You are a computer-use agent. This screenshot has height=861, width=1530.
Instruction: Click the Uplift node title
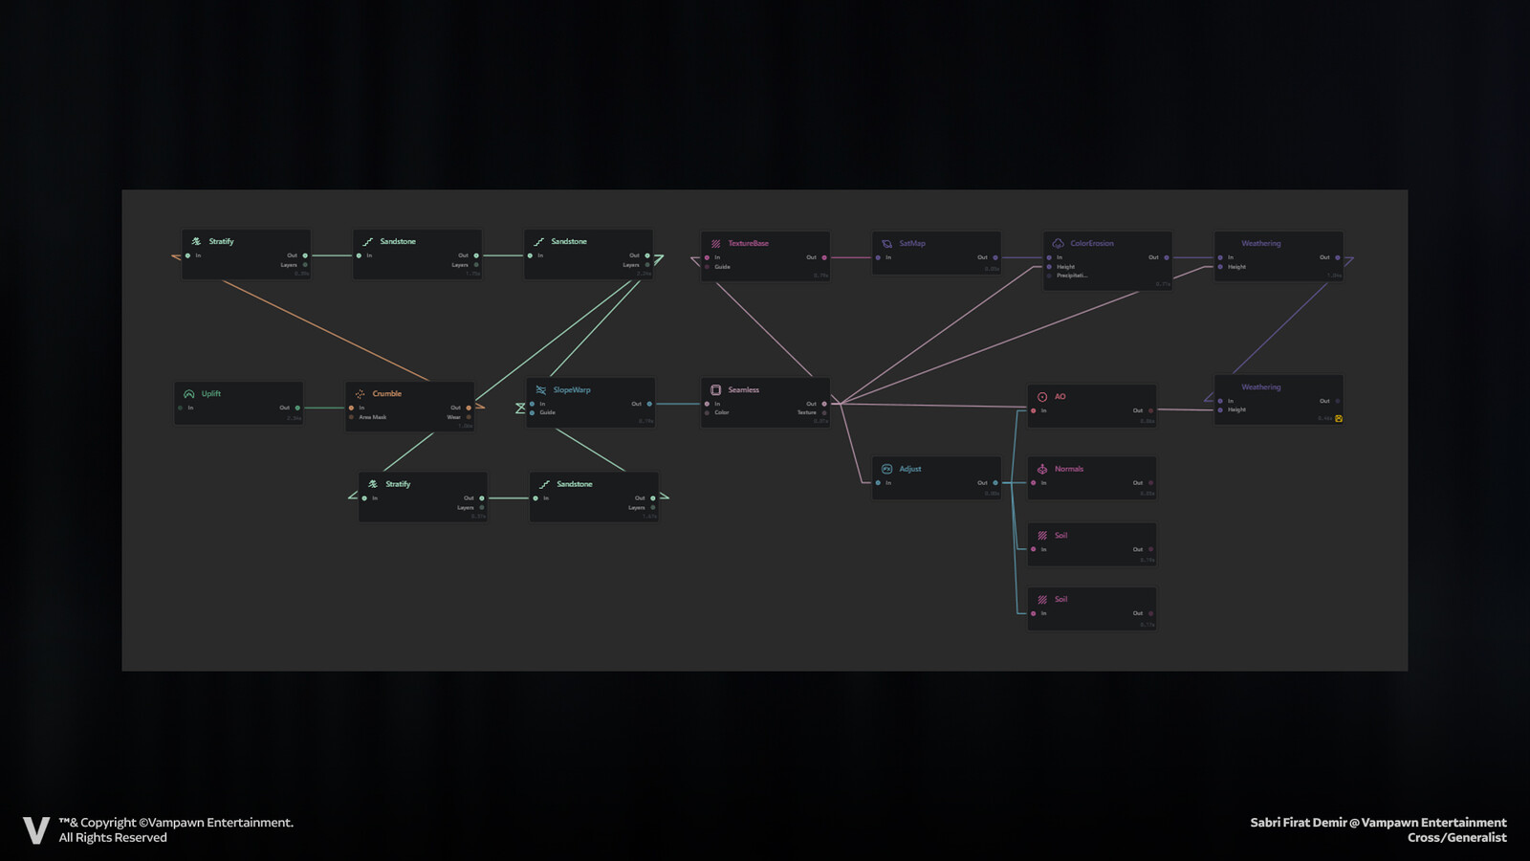[210, 393]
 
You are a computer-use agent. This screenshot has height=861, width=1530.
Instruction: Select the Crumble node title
[386, 393]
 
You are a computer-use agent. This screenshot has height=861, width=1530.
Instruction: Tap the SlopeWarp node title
[571, 389]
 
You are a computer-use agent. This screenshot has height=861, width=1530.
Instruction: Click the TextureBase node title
[748, 243]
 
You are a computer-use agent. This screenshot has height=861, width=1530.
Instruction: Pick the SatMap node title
[911, 243]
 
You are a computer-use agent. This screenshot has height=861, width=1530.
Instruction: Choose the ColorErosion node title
[1091, 243]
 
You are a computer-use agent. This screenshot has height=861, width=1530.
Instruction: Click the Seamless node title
[743, 389]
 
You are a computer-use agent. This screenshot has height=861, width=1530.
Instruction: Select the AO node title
[1060, 396]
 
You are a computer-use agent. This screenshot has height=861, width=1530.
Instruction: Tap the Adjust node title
[909, 469]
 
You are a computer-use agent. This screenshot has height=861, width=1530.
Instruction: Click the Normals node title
[1068, 469]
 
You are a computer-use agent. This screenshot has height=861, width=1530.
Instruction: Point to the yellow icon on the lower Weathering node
[1338, 418]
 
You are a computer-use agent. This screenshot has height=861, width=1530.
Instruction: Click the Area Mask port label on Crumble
[372, 417]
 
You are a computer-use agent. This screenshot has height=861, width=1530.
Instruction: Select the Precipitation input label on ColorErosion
[1071, 276]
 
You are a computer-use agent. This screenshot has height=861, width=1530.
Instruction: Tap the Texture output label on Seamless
[807, 412]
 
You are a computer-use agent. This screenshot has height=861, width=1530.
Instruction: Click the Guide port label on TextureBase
[722, 267]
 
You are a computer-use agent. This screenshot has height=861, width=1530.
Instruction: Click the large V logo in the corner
[35, 829]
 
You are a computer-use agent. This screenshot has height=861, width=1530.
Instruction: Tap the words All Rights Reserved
[113, 838]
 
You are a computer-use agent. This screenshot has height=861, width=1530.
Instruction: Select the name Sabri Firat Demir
[1298, 823]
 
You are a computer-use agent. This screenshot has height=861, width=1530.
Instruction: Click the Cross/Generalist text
[1456, 838]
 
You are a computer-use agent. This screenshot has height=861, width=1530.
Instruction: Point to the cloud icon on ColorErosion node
[1058, 243]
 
